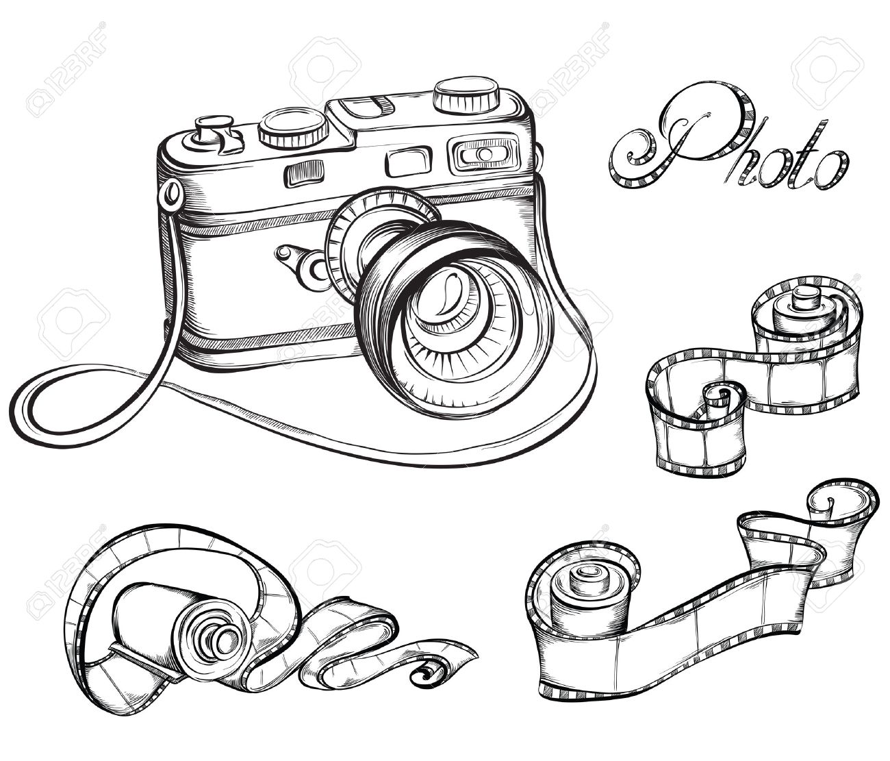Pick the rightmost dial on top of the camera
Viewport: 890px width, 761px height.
tap(470, 96)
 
